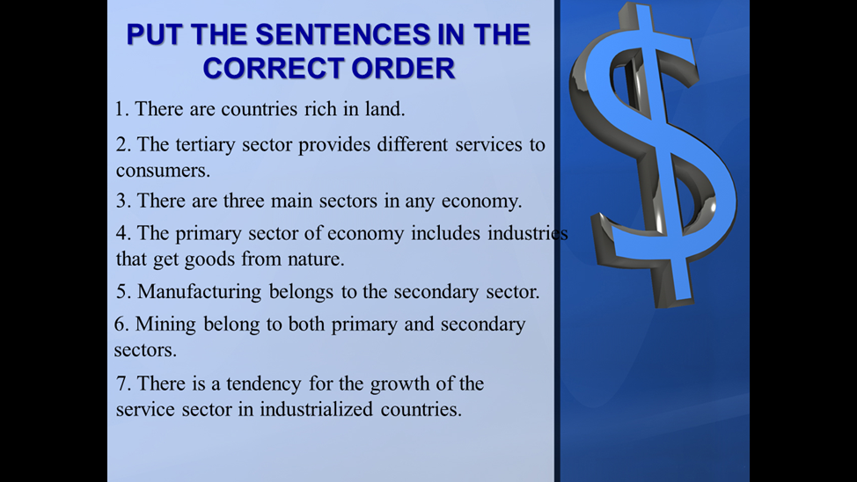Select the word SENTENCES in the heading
(x=342, y=34)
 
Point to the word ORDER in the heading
(x=403, y=69)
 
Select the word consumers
(x=161, y=171)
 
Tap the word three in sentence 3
(x=243, y=201)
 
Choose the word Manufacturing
(x=199, y=292)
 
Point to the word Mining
(x=165, y=325)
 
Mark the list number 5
(x=123, y=292)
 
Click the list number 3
(x=123, y=201)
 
